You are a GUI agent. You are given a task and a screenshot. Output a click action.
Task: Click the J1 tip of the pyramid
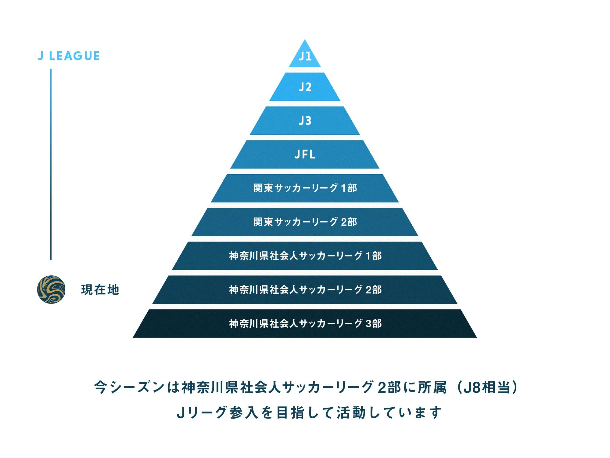coord(305,56)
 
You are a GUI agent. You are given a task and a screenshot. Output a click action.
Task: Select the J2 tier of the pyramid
coord(305,87)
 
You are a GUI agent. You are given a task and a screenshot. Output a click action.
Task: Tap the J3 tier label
coord(305,121)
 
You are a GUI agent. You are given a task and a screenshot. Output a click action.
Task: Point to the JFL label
coord(305,154)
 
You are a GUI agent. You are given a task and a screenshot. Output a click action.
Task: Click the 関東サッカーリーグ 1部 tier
coord(305,188)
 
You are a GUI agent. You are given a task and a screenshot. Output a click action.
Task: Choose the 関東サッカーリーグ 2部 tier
coord(305,222)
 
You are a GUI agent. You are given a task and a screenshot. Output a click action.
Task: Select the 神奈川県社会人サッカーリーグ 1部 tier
coord(305,256)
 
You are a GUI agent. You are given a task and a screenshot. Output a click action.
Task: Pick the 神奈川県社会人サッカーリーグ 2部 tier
coord(305,290)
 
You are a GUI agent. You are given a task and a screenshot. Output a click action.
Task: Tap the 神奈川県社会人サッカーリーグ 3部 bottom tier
coord(305,324)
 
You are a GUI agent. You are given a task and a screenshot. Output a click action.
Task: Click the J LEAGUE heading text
coord(69,56)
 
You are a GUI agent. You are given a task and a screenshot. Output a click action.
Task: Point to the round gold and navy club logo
coord(51,289)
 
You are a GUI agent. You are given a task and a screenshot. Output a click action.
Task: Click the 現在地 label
coord(100,290)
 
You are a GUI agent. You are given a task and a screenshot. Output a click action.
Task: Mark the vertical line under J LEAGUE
coord(51,164)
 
